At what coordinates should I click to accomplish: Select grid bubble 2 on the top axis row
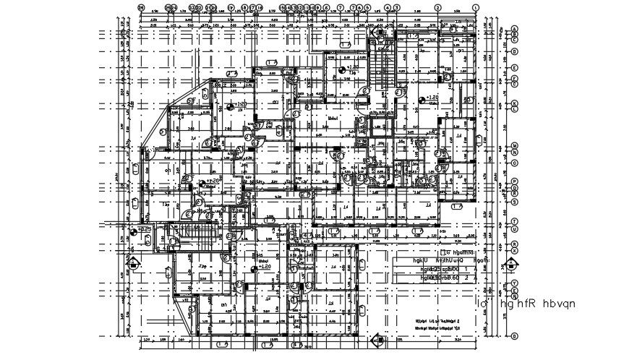click(x=437, y=7)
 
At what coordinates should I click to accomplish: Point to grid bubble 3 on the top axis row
click(x=397, y=7)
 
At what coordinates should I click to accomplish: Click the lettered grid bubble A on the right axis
click(x=514, y=28)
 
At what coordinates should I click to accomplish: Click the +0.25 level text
click(x=144, y=230)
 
